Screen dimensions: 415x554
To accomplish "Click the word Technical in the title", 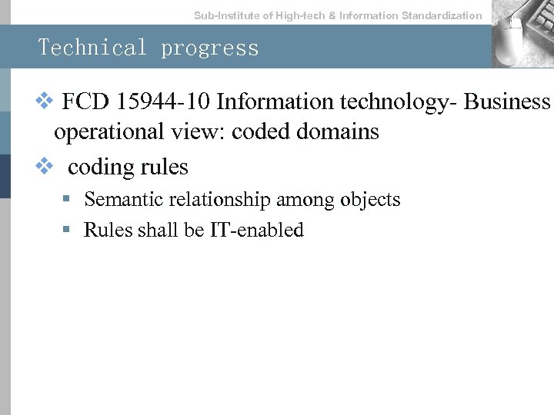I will pos(92,48).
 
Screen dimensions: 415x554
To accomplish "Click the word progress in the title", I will pos(210,48).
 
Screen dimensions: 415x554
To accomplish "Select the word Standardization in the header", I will pos(442,15).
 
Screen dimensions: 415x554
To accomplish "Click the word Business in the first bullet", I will pos(509,101).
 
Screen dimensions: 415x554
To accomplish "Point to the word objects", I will pos(370,200).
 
